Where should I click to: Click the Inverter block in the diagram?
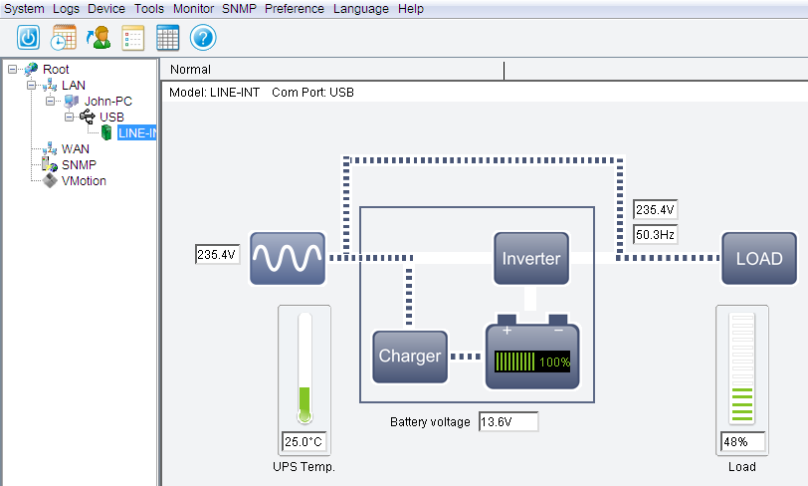[x=531, y=258]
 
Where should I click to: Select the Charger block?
[x=410, y=357]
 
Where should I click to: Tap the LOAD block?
[x=759, y=258]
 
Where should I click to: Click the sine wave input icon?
[x=288, y=258]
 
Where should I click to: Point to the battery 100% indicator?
[x=532, y=362]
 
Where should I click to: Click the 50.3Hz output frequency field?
[x=655, y=235]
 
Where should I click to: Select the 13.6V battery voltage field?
[x=508, y=422]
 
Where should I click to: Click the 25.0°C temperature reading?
[x=304, y=441]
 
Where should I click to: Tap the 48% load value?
[x=742, y=441]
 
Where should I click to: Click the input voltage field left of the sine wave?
[x=218, y=254]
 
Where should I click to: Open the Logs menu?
[x=66, y=9]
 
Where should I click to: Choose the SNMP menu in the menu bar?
[x=239, y=9]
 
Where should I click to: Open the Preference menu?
[x=295, y=9]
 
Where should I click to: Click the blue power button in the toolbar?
[x=28, y=38]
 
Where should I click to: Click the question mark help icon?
[x=203, y=38]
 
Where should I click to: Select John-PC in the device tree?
[x=108, y=102]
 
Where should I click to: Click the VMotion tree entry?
[x=84, y=181]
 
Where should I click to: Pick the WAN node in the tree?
[x=76, y=149]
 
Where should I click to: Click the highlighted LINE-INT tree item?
[x=136, y=133]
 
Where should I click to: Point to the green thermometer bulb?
[x=304, y=415]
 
